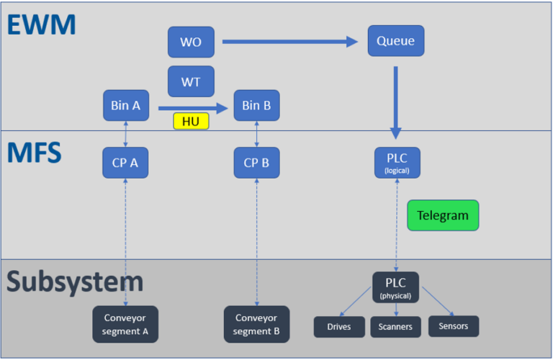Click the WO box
(191, 42)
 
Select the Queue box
(395, 41)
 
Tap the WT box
(191, 81)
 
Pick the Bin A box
(125, 106)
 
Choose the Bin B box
(256, 106)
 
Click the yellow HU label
(191, 122)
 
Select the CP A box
(125, 163)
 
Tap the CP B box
(256, 163)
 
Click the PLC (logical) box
(397, 163)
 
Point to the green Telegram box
(442, 215)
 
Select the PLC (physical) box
(395, 287)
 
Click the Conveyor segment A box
(125, 324)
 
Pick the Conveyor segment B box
(256, 324)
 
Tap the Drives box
(339, 327)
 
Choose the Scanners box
(396, 327)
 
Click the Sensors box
(453, 326)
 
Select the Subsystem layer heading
(75, 282)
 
